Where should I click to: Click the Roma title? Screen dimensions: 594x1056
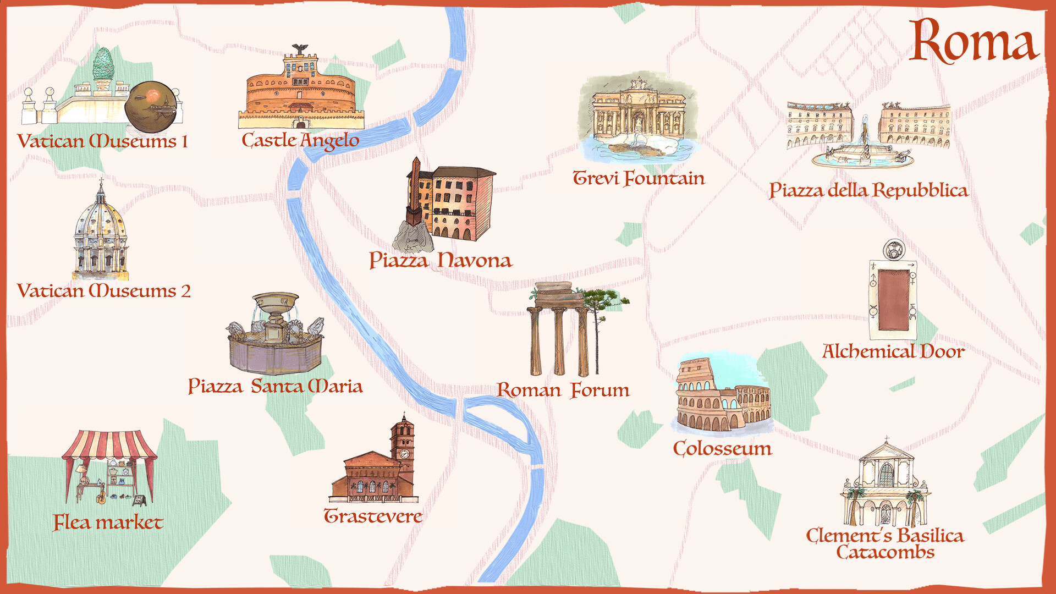(x=974, y=41)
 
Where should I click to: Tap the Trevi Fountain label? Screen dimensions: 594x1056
(x=639, y=178)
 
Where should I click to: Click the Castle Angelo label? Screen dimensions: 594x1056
(x=300, y=141)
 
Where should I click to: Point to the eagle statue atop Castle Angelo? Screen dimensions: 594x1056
(x=300, y=50)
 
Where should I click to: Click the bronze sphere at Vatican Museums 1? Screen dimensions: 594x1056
(x=151, y=107)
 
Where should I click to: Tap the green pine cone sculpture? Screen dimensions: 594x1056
(x=102, y=64)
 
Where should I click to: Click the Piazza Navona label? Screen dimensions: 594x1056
(x=440, y=260)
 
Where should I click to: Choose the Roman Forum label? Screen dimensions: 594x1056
(x=563, y=390)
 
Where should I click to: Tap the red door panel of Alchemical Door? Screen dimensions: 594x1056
(x=893, y=300)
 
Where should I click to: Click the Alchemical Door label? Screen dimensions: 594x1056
(x=893, y=351)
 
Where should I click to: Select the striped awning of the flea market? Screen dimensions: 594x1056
(x=109, y=444)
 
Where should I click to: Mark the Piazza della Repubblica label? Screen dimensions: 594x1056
(x=868, y=190)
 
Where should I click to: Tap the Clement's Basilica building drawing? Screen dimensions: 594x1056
(x=886, y=487)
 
